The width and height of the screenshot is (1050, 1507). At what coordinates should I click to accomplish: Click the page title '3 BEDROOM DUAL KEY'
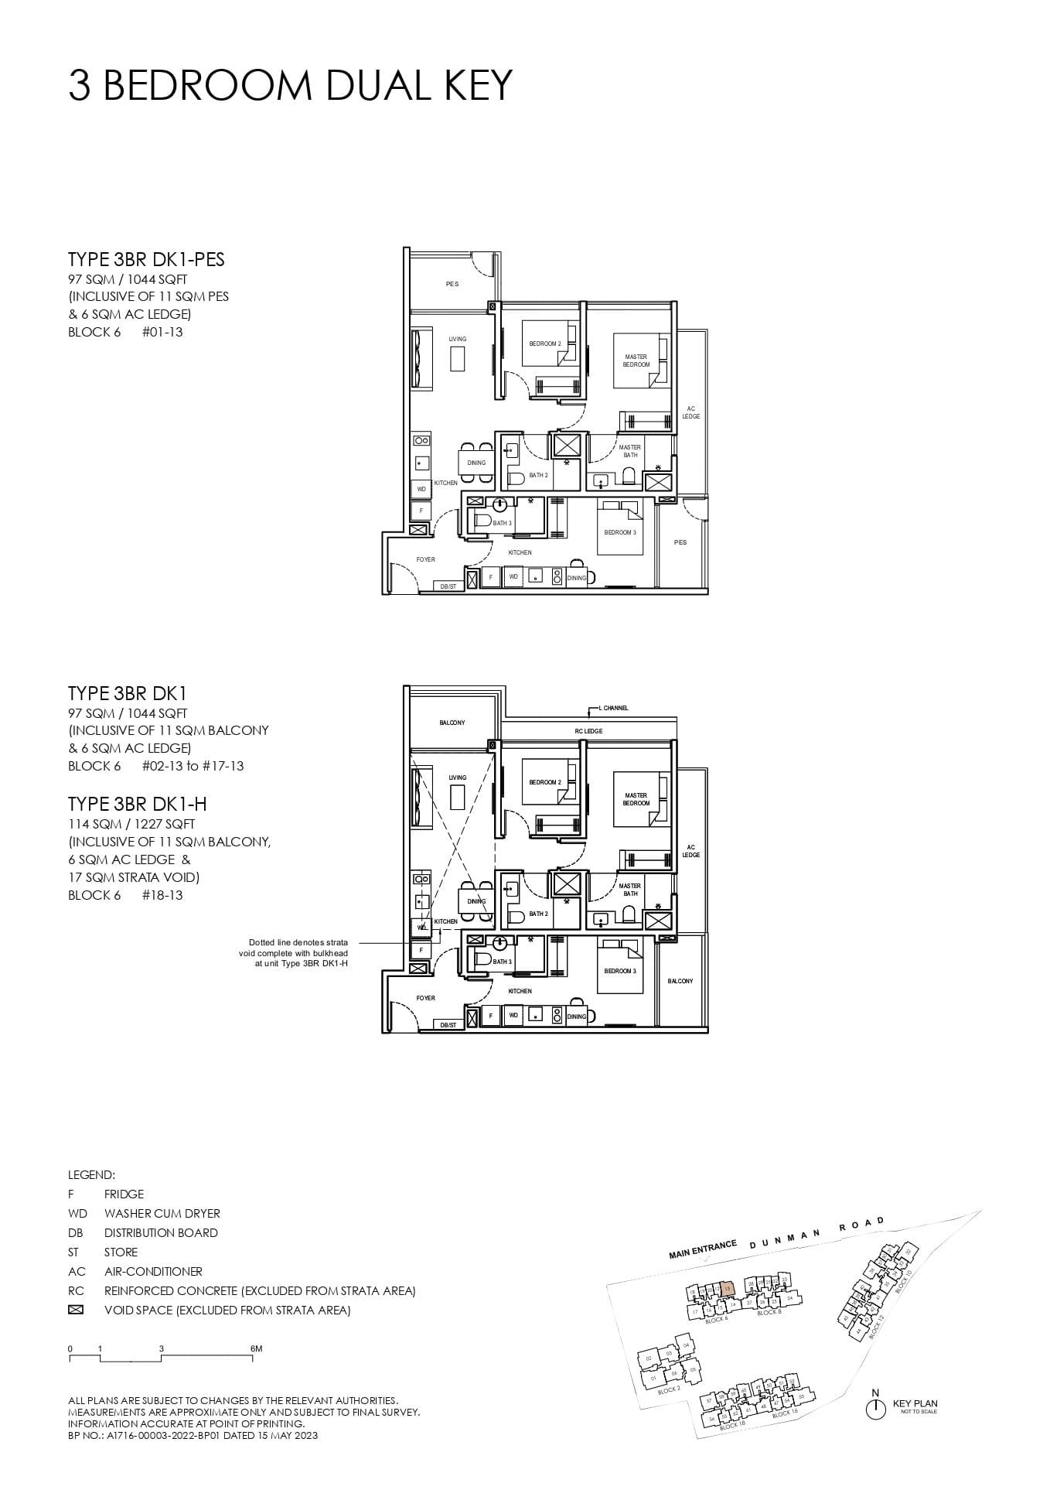point(290,85)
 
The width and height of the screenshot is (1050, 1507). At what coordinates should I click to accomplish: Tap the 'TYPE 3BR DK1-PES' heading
point(146,260)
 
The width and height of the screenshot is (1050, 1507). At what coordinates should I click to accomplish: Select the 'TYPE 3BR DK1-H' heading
point(137,805)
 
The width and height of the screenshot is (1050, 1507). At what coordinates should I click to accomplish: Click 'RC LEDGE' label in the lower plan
point(588,731)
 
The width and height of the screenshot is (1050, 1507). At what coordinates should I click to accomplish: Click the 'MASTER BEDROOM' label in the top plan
point(636,361)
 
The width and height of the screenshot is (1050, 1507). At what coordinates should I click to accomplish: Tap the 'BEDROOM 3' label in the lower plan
point(620,971)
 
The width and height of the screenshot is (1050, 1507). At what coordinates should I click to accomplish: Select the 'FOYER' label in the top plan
point(425,559)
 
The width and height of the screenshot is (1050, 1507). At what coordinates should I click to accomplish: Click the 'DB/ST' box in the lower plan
point(448,1025)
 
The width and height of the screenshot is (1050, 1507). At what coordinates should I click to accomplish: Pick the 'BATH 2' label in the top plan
point(538,475)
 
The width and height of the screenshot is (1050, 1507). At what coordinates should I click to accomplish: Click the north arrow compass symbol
point(875,1409)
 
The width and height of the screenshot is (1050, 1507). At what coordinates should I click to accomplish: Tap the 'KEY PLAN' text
point(915,1403)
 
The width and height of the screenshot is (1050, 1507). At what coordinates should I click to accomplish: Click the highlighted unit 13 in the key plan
point(727,1290)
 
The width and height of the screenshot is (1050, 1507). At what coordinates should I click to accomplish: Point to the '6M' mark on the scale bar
point(257,1348)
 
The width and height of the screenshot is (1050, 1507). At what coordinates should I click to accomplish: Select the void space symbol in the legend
point(75,1311)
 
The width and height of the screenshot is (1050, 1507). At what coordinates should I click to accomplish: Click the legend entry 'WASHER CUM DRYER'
point(162,1213)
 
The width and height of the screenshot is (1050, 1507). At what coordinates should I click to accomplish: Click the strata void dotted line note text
point(293,953)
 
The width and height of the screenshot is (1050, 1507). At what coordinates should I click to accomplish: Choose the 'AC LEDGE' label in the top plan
point(690,412)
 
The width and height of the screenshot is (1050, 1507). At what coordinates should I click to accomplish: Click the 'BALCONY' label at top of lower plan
point(452,723)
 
